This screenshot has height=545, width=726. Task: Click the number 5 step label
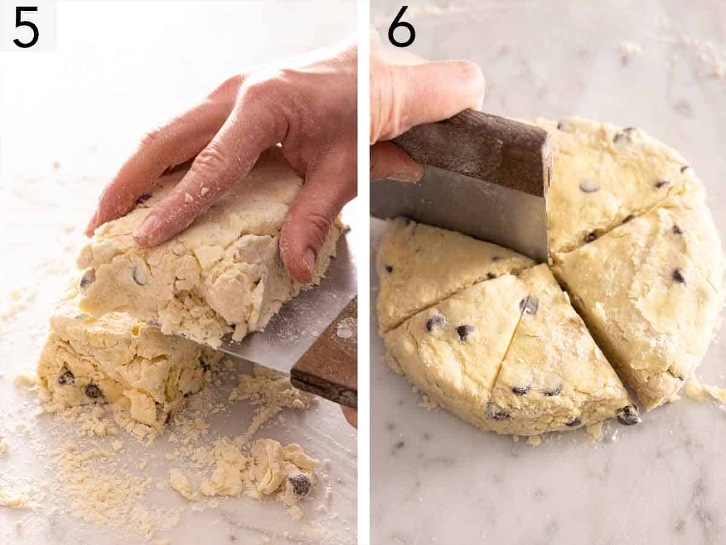click(26, 27)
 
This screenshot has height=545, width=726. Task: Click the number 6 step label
click(401, 27)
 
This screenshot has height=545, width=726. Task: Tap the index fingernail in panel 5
click(146, 228)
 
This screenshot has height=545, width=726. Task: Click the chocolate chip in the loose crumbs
click(299, 483)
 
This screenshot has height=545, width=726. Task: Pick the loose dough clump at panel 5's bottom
click(254, 469)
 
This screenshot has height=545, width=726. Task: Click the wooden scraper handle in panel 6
click(478, 151)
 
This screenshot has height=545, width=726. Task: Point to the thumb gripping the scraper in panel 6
click(423, 91)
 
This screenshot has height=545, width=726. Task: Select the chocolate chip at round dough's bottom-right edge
click(629, 415)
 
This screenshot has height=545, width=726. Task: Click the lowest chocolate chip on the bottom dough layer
click(93, 391)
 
